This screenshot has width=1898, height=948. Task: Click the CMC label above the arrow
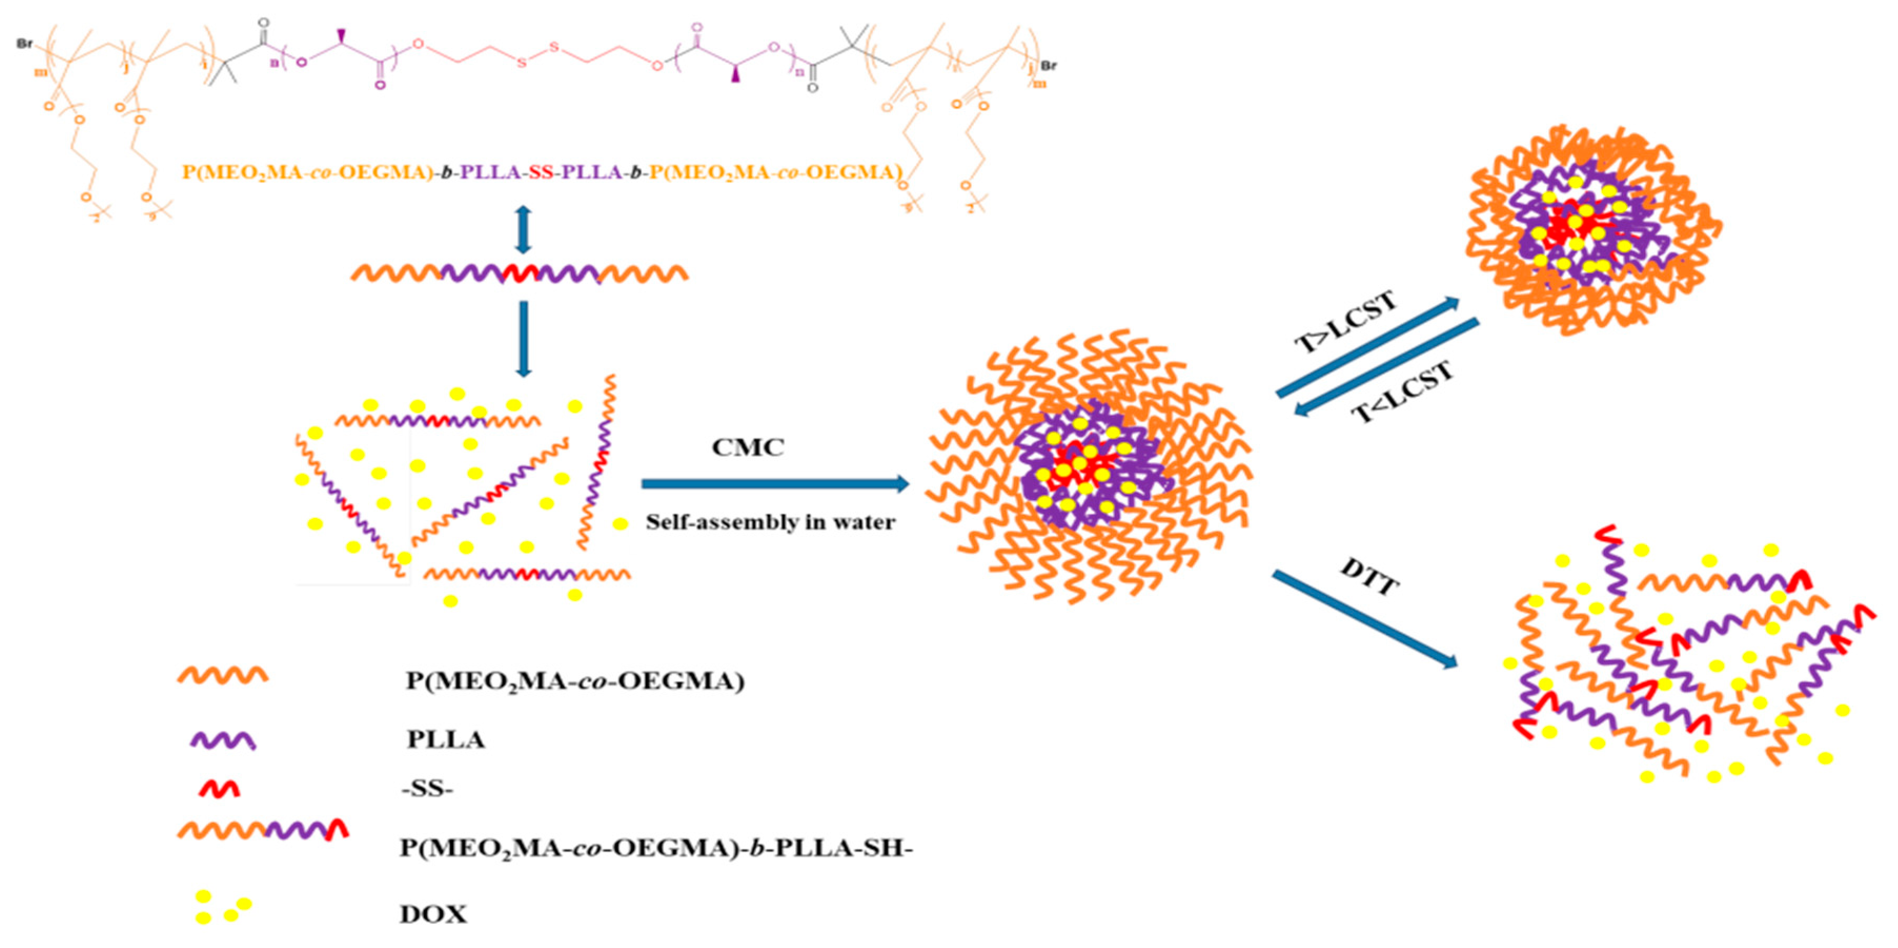[747, 447]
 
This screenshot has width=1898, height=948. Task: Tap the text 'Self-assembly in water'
[770, 522]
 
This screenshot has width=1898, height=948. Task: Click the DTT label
[1369, 577]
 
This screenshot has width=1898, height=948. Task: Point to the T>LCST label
[1345, 322]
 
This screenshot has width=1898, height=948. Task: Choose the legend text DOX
[433, 915]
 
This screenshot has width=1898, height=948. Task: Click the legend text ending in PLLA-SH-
[656, 848]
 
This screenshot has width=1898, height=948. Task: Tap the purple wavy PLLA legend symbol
[222, 740]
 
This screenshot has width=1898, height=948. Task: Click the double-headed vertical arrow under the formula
[523, 230]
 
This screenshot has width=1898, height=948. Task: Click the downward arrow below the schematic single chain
[523, 338]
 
